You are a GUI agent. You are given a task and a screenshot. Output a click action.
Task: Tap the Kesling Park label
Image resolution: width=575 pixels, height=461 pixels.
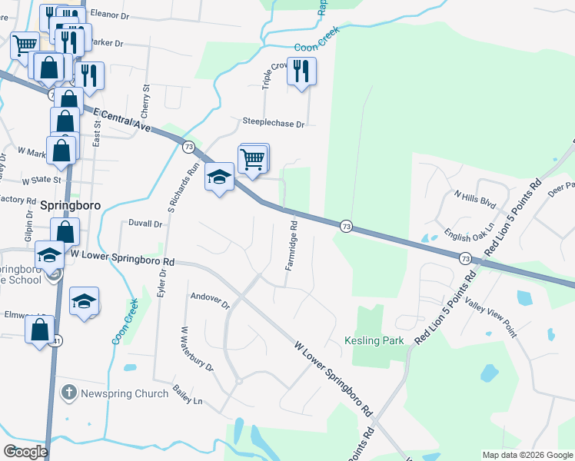(x=374, y=340)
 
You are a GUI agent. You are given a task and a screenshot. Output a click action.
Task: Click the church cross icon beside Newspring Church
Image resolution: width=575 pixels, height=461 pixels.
(x=68, y=393)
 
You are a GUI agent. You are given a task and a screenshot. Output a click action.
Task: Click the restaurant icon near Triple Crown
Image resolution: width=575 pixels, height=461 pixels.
(x=301, y=71)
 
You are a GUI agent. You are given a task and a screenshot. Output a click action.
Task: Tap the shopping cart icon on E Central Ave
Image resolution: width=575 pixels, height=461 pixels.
(x=254, y=159)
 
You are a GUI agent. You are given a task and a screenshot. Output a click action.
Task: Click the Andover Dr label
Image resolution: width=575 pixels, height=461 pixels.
(x=210, y=300)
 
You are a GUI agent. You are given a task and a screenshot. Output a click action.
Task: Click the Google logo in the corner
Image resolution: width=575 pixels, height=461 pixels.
(x=25, y=451)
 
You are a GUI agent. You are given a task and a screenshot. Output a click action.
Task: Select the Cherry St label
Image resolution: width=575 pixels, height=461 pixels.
(x=145, y=101)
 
